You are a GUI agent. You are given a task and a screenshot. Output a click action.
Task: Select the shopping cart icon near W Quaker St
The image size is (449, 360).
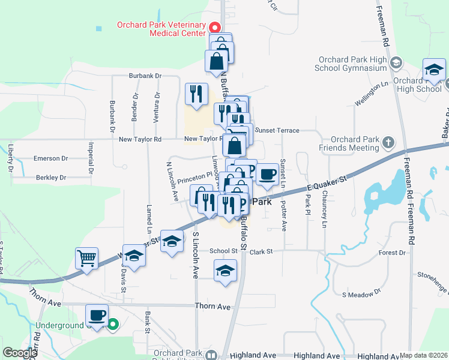coord(87,259)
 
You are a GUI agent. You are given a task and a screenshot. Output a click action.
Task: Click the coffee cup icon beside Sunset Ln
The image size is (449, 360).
coord(267,175)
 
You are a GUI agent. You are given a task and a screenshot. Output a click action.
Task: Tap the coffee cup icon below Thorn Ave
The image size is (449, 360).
coord(97,314)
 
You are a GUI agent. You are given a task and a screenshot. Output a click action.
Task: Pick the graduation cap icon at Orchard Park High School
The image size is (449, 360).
coord(433,70)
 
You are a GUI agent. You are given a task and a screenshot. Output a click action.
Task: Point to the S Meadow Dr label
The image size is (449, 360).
coord(361,294)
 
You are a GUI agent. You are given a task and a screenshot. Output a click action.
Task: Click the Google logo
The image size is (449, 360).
coord(20,353)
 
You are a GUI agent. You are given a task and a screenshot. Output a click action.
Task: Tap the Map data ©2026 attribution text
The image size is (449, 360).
coord(424,355)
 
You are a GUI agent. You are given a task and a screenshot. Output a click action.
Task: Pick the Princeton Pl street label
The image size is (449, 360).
coord(196,176)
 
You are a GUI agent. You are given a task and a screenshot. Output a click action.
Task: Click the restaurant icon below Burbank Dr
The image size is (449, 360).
coord(196,94)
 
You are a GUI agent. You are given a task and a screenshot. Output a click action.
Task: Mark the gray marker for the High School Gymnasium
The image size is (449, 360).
coord(396,62)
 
